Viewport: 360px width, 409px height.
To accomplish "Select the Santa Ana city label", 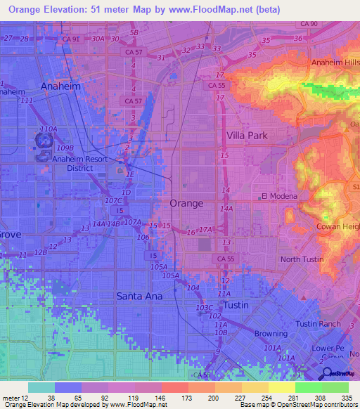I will [x=139, y=297].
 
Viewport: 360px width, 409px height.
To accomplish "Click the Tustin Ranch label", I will [x=317, y=323].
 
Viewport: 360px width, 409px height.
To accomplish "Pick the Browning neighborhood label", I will [x=271, y=334].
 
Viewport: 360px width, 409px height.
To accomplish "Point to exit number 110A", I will [x=49, y=129].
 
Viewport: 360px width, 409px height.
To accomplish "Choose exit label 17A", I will [x=205, y=229].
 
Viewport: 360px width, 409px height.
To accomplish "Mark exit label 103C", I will [x=204, y=308].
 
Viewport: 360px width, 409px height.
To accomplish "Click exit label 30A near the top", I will [x=98, y=39].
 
